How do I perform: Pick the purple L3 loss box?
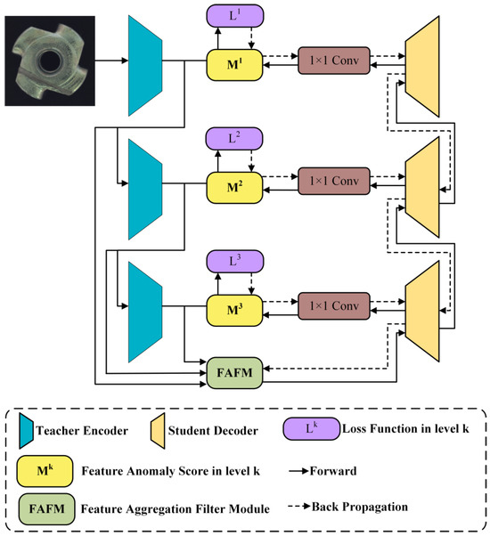230,262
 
